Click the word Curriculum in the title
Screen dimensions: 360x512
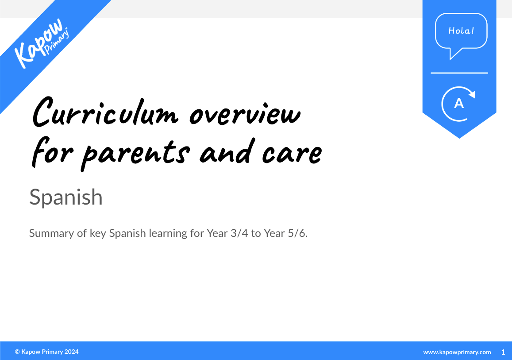(106, 112)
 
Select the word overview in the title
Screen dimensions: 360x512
(245, 114)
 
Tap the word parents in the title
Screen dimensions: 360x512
(137, 153)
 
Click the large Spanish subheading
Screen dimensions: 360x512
(66, 197)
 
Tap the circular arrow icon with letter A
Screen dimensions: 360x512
(459, 104)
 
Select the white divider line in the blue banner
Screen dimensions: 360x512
(459, 73)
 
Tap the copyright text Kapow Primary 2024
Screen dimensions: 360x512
(47, 352)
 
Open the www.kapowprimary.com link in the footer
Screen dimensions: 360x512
(457, 352)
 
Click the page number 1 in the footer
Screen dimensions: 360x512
(503, 352)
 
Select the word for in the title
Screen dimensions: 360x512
(49, 153)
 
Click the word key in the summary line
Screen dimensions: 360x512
(98, 233)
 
